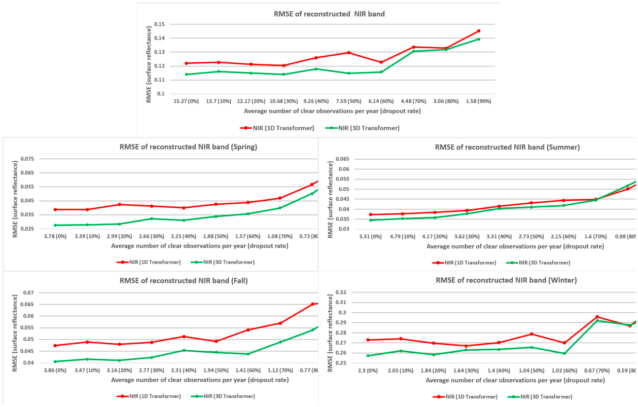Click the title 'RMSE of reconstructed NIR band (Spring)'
pyautogui.click(x=188, y=147)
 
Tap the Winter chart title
pyautogui.click(x=506, y=280)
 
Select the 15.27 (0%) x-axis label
pyautogui.click(x=186, y=101)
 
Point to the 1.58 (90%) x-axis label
pyautogui.click(x=479, y=101)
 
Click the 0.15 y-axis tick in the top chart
pyautogui.click(x=159, y=24)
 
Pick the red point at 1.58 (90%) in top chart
pyautogui.click(x=479, y=31)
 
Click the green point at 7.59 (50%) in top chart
pyautogui.click(x=348, y=73)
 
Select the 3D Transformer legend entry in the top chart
pyautogui.click(x=362, y=128)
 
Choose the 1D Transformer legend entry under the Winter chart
pyautogui.click(x=465, y=396)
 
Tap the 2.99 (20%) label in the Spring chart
pyautogui.click(x=119, y=237)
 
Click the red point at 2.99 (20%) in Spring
pyautogui.click(x=119, y=204)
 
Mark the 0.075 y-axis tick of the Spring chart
pyautogui.click(x=27, y=159)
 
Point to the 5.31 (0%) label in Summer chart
pyautogui.click(x=370, y=237)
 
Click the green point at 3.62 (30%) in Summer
pyautogui.click(x=467, y=213)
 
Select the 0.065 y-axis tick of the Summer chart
pyautogui.click(x=342, y=159)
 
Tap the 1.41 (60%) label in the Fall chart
pyautogui.click(x=248, y=371)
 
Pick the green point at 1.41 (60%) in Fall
pyautogui.click(x=248, y=354)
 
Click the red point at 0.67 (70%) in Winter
pyautogui.click(x=597, y=316)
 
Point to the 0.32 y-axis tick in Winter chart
pyautogui.click(x=341, y=292)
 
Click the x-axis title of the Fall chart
pyautogui.click(x=200, y=380)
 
